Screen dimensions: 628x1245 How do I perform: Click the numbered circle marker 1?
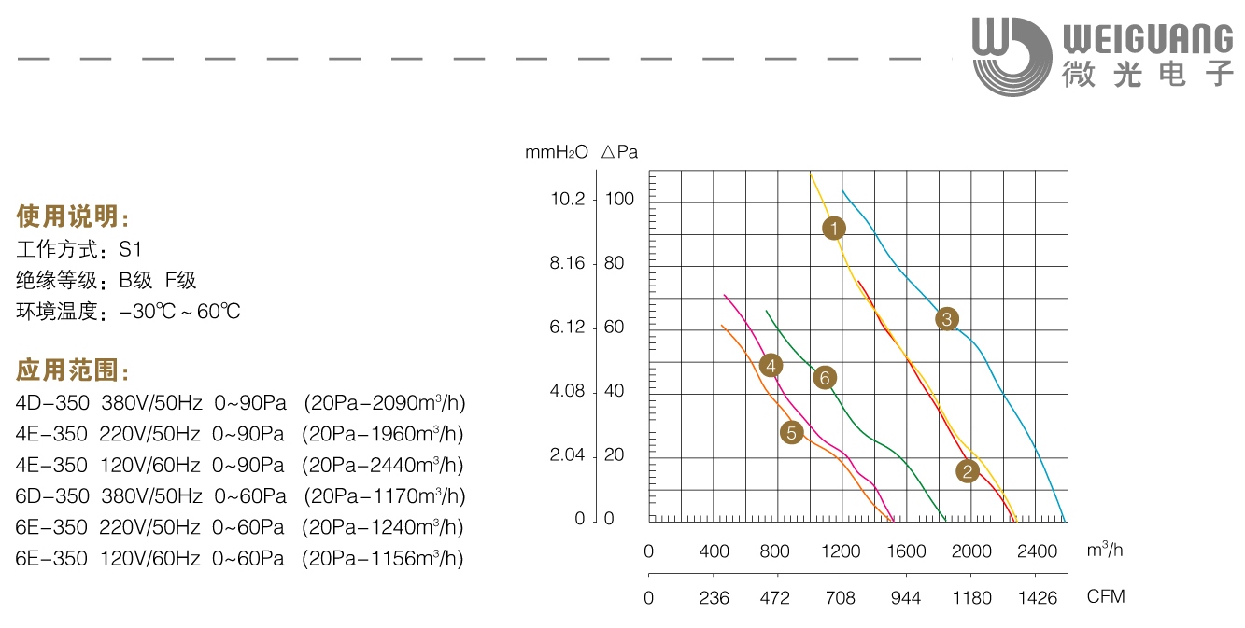[x=834, y=228]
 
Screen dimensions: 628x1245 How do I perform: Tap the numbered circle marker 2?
[x=968, y=471]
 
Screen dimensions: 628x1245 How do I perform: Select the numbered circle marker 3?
[x=946, y=319]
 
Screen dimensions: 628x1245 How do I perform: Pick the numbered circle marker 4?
[x=771, y=365]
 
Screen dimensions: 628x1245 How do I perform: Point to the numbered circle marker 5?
[x=791, y=433]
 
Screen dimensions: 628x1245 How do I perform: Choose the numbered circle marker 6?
[x=823, y=377]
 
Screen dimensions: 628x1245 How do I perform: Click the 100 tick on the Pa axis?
[x=620, y=199]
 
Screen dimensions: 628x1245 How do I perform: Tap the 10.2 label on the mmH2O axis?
[x=568, y=199]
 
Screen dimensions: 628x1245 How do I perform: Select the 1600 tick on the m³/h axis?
[x=906, y=551]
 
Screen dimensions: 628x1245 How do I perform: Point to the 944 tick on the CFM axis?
[x=906, y=597]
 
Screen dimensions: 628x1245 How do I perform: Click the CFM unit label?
[x=1106, y=596]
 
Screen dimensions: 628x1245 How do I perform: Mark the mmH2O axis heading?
[x=557, y=152]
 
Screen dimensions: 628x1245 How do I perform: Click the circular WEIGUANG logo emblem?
[x=1010, y=55]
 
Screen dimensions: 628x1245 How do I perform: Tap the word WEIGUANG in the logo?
[x=1148, y=38]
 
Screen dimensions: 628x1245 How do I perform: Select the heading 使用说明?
[x=73, y=217]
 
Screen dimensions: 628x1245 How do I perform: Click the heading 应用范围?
[x=73, y=370]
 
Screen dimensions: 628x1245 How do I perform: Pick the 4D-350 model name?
[x=52, y=403]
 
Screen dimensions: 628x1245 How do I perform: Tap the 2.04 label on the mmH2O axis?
[x=568, y=455]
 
